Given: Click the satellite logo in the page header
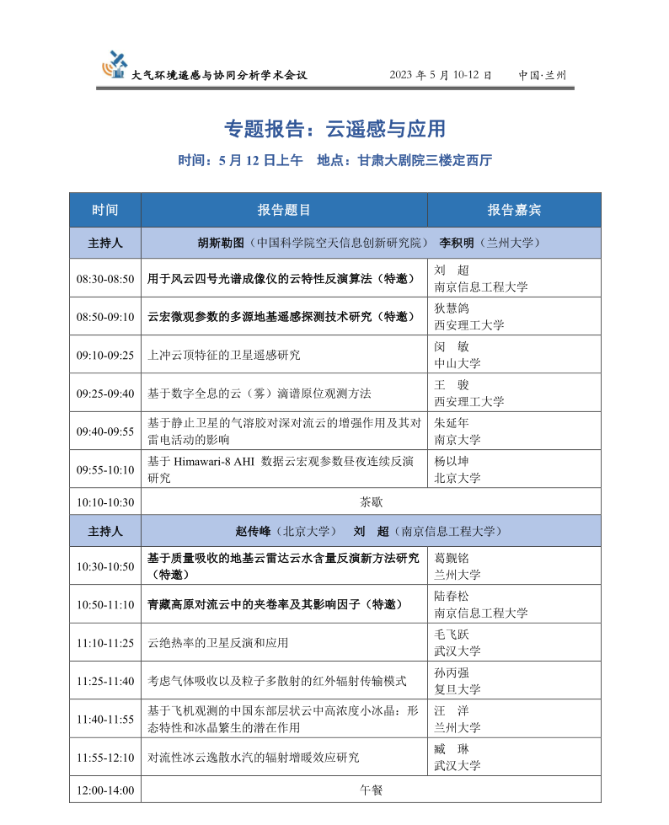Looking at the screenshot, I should [x=115, y=65].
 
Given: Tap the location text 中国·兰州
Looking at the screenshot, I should [x=543, y=75].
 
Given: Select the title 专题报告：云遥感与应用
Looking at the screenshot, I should [x=334, y=129].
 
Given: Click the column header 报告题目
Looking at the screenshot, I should [x=284, y=210].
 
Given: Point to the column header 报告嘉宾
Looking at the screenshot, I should [x=514, y=210].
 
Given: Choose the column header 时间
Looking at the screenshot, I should [x=105, y=210].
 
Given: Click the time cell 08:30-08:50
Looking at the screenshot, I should [x=105, y=279].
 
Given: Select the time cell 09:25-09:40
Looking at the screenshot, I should [x=105, y=394].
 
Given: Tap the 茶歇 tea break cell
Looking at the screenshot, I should [x=371, y=502].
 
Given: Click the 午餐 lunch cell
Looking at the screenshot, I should [x=371, y=790].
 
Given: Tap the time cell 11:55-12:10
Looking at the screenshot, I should [x=105, y=758].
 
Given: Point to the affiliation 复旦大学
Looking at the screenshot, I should [x=457, y=689].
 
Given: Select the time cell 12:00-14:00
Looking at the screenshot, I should [x=105, y=790].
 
